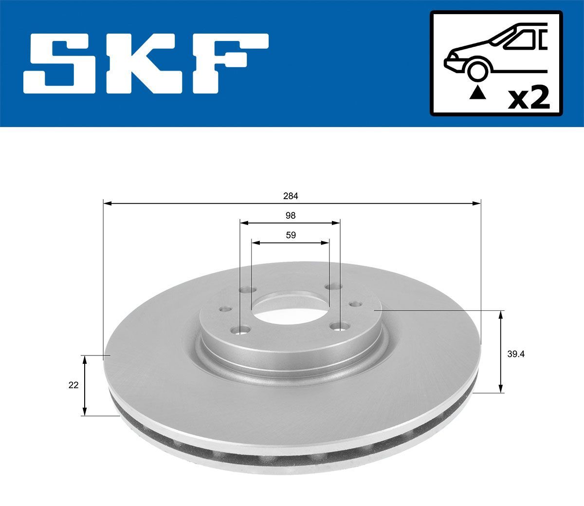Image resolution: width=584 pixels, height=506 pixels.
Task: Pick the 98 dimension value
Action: (291, 215)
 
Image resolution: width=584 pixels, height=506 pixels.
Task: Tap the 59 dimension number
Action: (291, 235)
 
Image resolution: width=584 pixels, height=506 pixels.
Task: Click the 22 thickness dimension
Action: (73, 385)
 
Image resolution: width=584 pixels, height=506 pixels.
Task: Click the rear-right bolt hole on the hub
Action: (333, 286)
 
